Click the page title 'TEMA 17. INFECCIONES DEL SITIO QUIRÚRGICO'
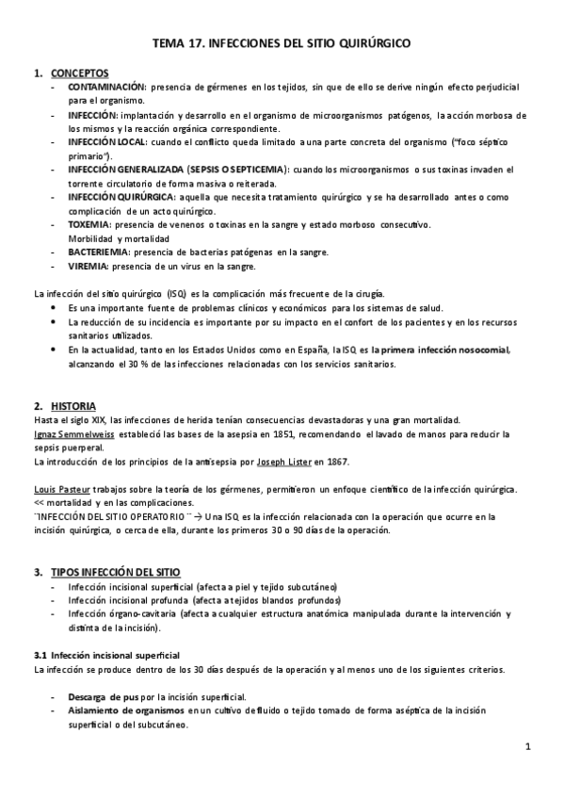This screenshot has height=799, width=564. (282, 43)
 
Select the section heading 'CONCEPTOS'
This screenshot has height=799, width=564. (79, 73)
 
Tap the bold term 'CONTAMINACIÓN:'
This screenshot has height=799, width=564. (106, 86)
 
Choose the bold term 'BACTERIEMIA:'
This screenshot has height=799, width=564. (101, 253)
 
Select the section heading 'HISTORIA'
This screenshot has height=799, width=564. (73, 406)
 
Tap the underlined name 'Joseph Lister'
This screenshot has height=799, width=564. (282, 462)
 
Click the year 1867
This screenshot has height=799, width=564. (336, 462)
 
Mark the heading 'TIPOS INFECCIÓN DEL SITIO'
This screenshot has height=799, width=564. (114, 573)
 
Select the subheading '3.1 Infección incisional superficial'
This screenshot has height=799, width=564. (105, 655)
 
